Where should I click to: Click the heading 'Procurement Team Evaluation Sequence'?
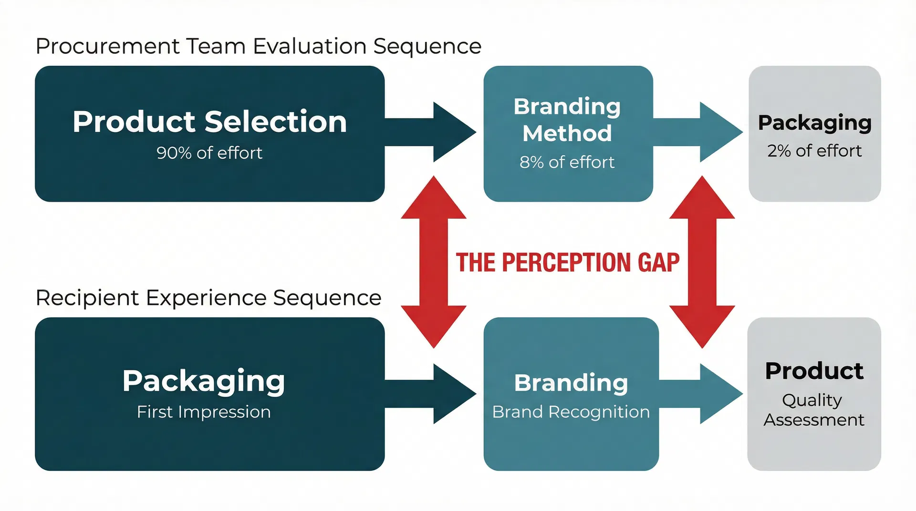point(258,46)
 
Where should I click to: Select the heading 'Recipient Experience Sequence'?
point(208,298)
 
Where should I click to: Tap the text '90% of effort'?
point(209,153)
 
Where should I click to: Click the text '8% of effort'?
point(567,163)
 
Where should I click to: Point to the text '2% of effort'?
point(814,151)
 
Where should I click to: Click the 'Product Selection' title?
point(209,122)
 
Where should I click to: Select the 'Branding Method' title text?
point(567,120)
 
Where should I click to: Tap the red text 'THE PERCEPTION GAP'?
point(567,263)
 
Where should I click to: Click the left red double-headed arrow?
point(433,262)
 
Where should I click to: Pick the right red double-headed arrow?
point(702,262)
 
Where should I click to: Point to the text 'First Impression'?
point(204,412)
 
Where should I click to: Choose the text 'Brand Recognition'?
point(571,412)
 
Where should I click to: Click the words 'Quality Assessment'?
point(813,410)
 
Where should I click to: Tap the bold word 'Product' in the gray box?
point(814,371)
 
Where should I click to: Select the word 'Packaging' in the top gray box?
point(814,123)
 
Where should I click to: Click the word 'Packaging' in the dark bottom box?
point(204,381)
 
